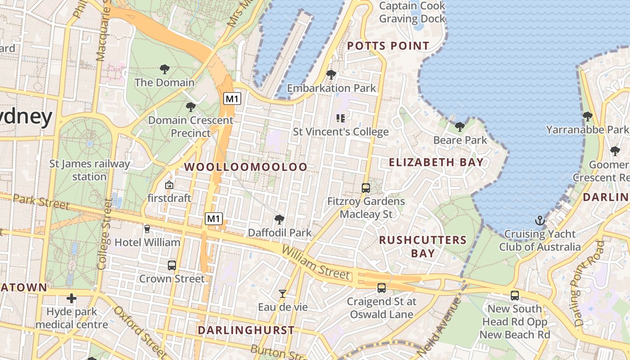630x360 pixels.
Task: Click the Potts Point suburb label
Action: tap(388, 46)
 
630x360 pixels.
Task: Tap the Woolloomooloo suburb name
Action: tap(246, 167)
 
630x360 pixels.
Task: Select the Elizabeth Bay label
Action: tap(436, 162)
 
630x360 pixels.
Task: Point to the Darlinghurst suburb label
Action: tap(246, 330)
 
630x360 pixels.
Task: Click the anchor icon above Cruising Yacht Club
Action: tap(540, 221)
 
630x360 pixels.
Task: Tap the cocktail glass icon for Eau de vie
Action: tap(283, 294)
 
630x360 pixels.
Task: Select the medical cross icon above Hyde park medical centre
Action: tap(72, 298)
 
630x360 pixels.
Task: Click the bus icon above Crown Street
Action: tap(172, 265)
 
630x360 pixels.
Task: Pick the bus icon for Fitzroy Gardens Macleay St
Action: tap(366, 188)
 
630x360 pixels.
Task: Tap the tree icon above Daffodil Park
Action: tap(279, 220)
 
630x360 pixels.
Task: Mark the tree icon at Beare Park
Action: tap(459, 127)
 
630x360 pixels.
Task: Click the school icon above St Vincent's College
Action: tap(341, 118)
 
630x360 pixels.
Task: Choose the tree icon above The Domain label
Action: tap(165, 69)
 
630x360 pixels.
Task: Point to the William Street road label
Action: tap(316, 262)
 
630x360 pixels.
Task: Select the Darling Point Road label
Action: tap(588, 283)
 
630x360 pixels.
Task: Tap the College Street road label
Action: tap(103, 234)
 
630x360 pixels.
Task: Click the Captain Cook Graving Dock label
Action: tap(412, 12)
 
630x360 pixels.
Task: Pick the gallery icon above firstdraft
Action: tap(169, 185)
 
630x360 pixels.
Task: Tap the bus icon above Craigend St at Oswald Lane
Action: tap(382, 288)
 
